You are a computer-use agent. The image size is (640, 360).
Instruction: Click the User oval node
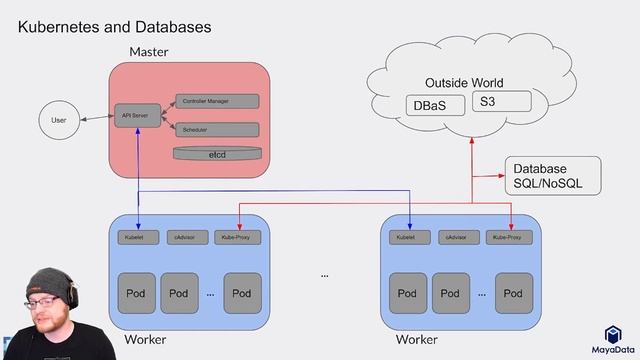59,121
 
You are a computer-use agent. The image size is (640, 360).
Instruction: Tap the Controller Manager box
216,101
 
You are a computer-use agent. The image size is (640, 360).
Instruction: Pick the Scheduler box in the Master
216,130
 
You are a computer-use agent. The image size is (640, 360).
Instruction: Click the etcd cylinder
216,154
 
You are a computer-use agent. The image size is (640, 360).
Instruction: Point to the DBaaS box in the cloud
435,105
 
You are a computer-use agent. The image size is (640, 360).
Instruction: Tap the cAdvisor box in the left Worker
186,237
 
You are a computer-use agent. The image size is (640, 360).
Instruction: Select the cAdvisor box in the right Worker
458,237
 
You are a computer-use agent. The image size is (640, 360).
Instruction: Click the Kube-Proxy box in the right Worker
510,237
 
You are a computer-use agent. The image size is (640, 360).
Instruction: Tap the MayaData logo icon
613,335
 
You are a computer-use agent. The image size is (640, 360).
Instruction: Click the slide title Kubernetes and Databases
114,27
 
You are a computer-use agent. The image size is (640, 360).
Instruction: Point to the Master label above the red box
148,51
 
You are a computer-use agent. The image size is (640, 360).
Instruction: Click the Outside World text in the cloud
464,82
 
